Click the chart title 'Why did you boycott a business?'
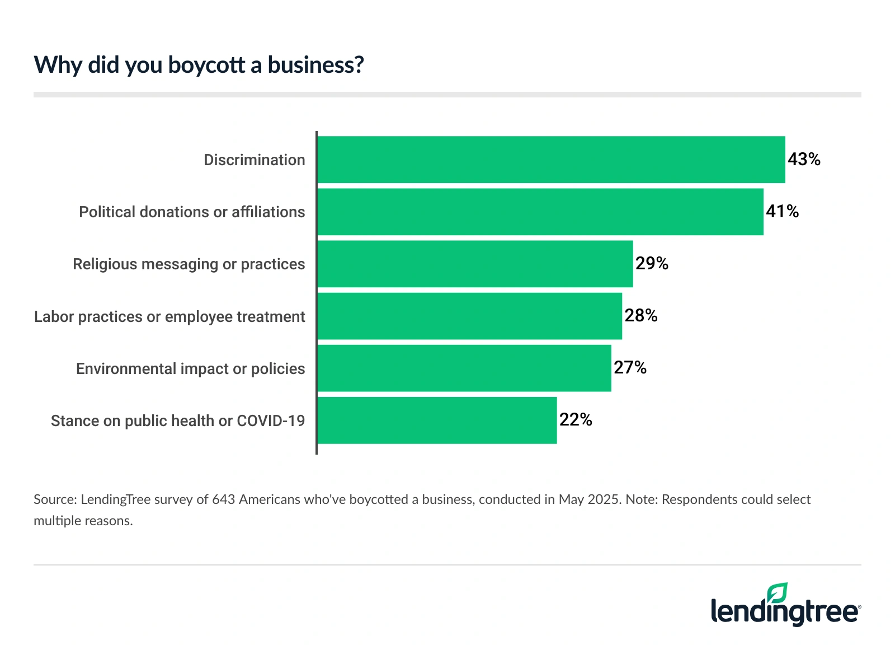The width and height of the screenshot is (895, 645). click(199, 65)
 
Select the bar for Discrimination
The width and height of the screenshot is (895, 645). click(551, 160)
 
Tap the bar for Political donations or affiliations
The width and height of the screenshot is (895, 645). click(540, 212)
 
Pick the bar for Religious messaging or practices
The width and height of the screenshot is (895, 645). click(475, 264)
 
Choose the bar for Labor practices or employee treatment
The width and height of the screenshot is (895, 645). click(470, 316)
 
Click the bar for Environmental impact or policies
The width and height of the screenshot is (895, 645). click(464, 368)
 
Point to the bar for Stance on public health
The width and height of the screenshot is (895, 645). click(437, 420)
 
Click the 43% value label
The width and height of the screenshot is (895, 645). click(804, 160)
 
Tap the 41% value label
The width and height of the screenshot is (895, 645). click(782, 212)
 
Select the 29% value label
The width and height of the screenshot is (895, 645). click(652, 264)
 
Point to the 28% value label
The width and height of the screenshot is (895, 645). click(641, 316)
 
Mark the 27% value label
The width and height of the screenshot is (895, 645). click(630, 368)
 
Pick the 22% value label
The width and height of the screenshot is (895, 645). click(576, 420)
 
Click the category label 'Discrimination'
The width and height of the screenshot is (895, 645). click(254, 160)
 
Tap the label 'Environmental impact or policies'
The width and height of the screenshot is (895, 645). click(190, 369)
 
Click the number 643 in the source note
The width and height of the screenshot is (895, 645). click(223, 499)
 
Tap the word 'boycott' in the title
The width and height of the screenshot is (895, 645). click(206, 65)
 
